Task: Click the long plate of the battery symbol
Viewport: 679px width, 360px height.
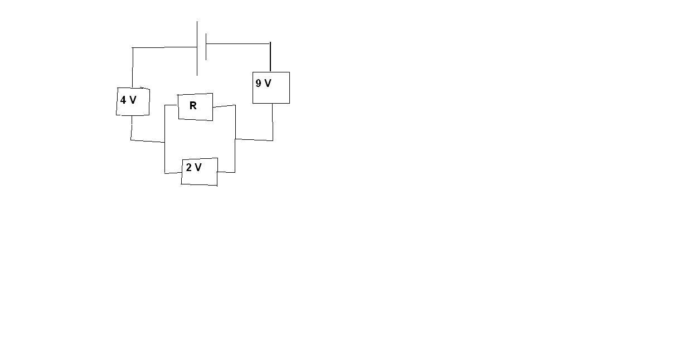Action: [x=197, y=48]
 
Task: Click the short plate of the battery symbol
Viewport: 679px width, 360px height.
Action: [x=206, y=47]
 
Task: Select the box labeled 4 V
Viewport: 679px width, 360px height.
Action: [x=133, y=101]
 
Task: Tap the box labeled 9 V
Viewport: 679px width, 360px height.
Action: [x=271, y=87]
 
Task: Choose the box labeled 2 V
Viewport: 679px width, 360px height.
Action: [x=200, y=172]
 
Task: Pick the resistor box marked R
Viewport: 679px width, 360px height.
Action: [x=195, y=107]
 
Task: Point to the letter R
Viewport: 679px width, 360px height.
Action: [x=193, y=105]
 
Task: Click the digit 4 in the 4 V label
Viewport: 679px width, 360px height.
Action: [x=123, y=100]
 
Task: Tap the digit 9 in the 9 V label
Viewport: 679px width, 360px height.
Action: [x=258, y=83]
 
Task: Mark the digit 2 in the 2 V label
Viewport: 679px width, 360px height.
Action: [x=189, y=167]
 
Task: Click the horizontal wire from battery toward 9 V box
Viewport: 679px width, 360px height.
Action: [x=238, y=43]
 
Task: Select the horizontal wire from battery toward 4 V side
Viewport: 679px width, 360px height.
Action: [x=164, y=47]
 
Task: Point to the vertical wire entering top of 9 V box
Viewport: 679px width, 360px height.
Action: [x=270, y=57]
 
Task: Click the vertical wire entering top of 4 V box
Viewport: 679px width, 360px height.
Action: [x=133, y=67]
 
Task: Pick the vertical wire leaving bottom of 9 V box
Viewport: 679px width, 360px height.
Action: [x=273, y=122]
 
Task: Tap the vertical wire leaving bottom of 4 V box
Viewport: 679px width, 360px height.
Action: [x=131, y=128]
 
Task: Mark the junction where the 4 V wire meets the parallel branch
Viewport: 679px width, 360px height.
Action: [x=164, y=142]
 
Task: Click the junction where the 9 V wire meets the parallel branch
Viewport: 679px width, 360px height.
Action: [x=235, y=139]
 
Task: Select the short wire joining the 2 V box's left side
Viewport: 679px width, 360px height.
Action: [x=173, y=173]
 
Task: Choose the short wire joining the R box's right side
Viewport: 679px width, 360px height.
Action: [x=224, y=106]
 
